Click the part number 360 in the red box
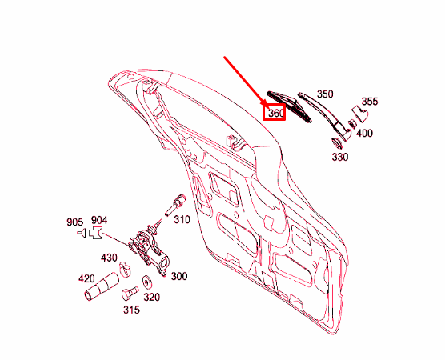[275, 114]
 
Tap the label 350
[324, 94]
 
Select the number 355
[369, 102]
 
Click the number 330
[339, 158]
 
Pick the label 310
[182, 219]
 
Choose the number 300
[178, 276]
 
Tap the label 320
[151, 297]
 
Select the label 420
[86, 279]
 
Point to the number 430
[108, 258]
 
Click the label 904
[98, 220]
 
